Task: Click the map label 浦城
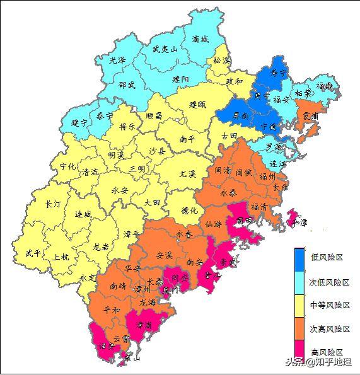coord(199,38)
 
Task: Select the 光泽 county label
coord(117,61)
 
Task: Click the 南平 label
coord(187,139)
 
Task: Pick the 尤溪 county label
coord(188,173)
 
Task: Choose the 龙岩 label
coord(101,246)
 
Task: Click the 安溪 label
coord(164,255)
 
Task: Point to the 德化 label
coord(189,210)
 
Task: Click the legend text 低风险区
coord(327,258)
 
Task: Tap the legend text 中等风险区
coord(330,305)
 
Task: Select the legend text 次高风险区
coord(330,328)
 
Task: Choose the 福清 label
coord(258,206)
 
